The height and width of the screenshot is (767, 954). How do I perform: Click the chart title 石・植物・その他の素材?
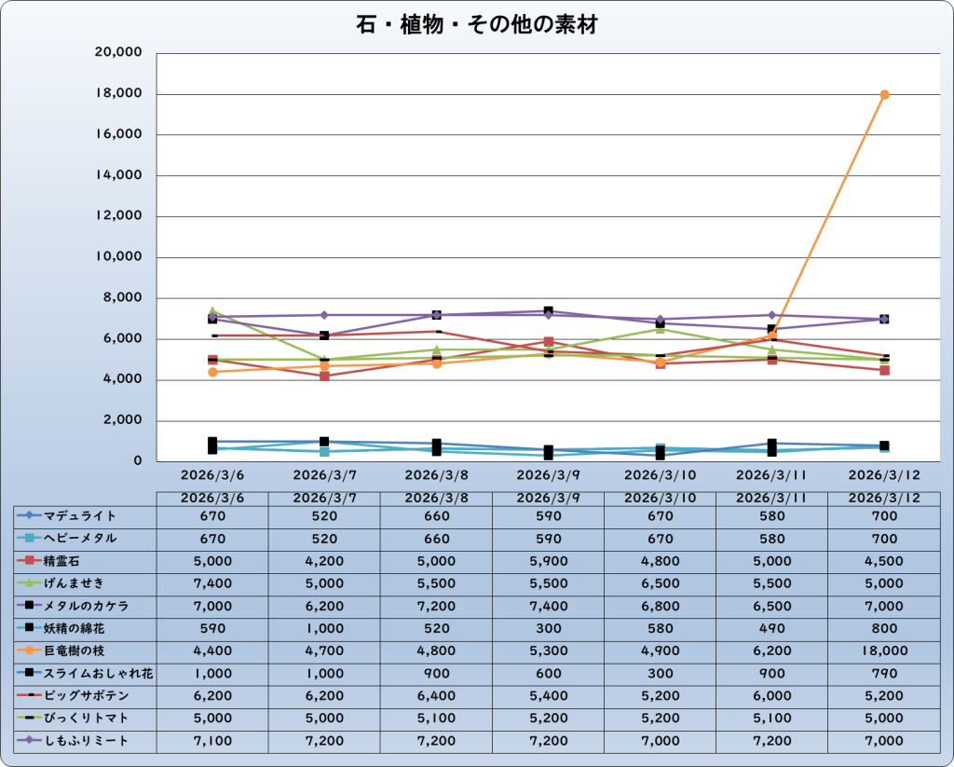point(476,25)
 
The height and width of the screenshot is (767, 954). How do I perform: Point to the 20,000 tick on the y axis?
point(118,53)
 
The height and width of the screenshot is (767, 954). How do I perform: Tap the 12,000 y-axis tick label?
point(118,216)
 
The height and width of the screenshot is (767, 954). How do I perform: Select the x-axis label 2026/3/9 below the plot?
point(549,474)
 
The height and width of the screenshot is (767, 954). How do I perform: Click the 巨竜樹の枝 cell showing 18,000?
point(883,651)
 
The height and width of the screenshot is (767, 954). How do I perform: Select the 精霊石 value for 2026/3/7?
point(324,561)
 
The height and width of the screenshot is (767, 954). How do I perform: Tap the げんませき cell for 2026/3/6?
point(212,583)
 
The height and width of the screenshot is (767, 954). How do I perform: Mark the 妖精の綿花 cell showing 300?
point(548,629)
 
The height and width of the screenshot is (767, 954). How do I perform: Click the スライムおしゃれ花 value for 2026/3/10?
point(660,674)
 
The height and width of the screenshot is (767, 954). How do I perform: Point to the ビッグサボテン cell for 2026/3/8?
point(436,696)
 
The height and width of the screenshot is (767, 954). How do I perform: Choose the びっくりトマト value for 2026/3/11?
point(771,719)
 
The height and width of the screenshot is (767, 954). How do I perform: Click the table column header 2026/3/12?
point(883,499)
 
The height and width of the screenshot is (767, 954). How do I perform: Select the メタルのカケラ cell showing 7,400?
point(548,606)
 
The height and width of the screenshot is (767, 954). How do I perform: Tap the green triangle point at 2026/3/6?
point(212,310)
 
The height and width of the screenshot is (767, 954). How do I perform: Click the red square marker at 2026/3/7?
point(324,376)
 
